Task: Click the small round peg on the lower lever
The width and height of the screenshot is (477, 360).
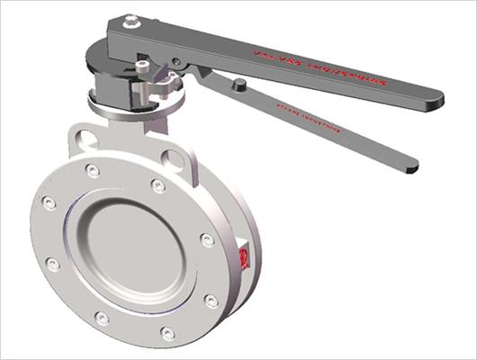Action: click(240, 84)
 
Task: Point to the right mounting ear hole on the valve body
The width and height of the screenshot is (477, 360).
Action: click(176, 158)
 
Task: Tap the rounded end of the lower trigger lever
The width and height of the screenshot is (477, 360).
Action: click(411, 166)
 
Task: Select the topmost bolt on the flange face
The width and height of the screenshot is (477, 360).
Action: click(93, 171)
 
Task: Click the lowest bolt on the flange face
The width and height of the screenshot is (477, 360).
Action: click(167, 332)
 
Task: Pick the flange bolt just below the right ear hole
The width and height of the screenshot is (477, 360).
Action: click(158, 185)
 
